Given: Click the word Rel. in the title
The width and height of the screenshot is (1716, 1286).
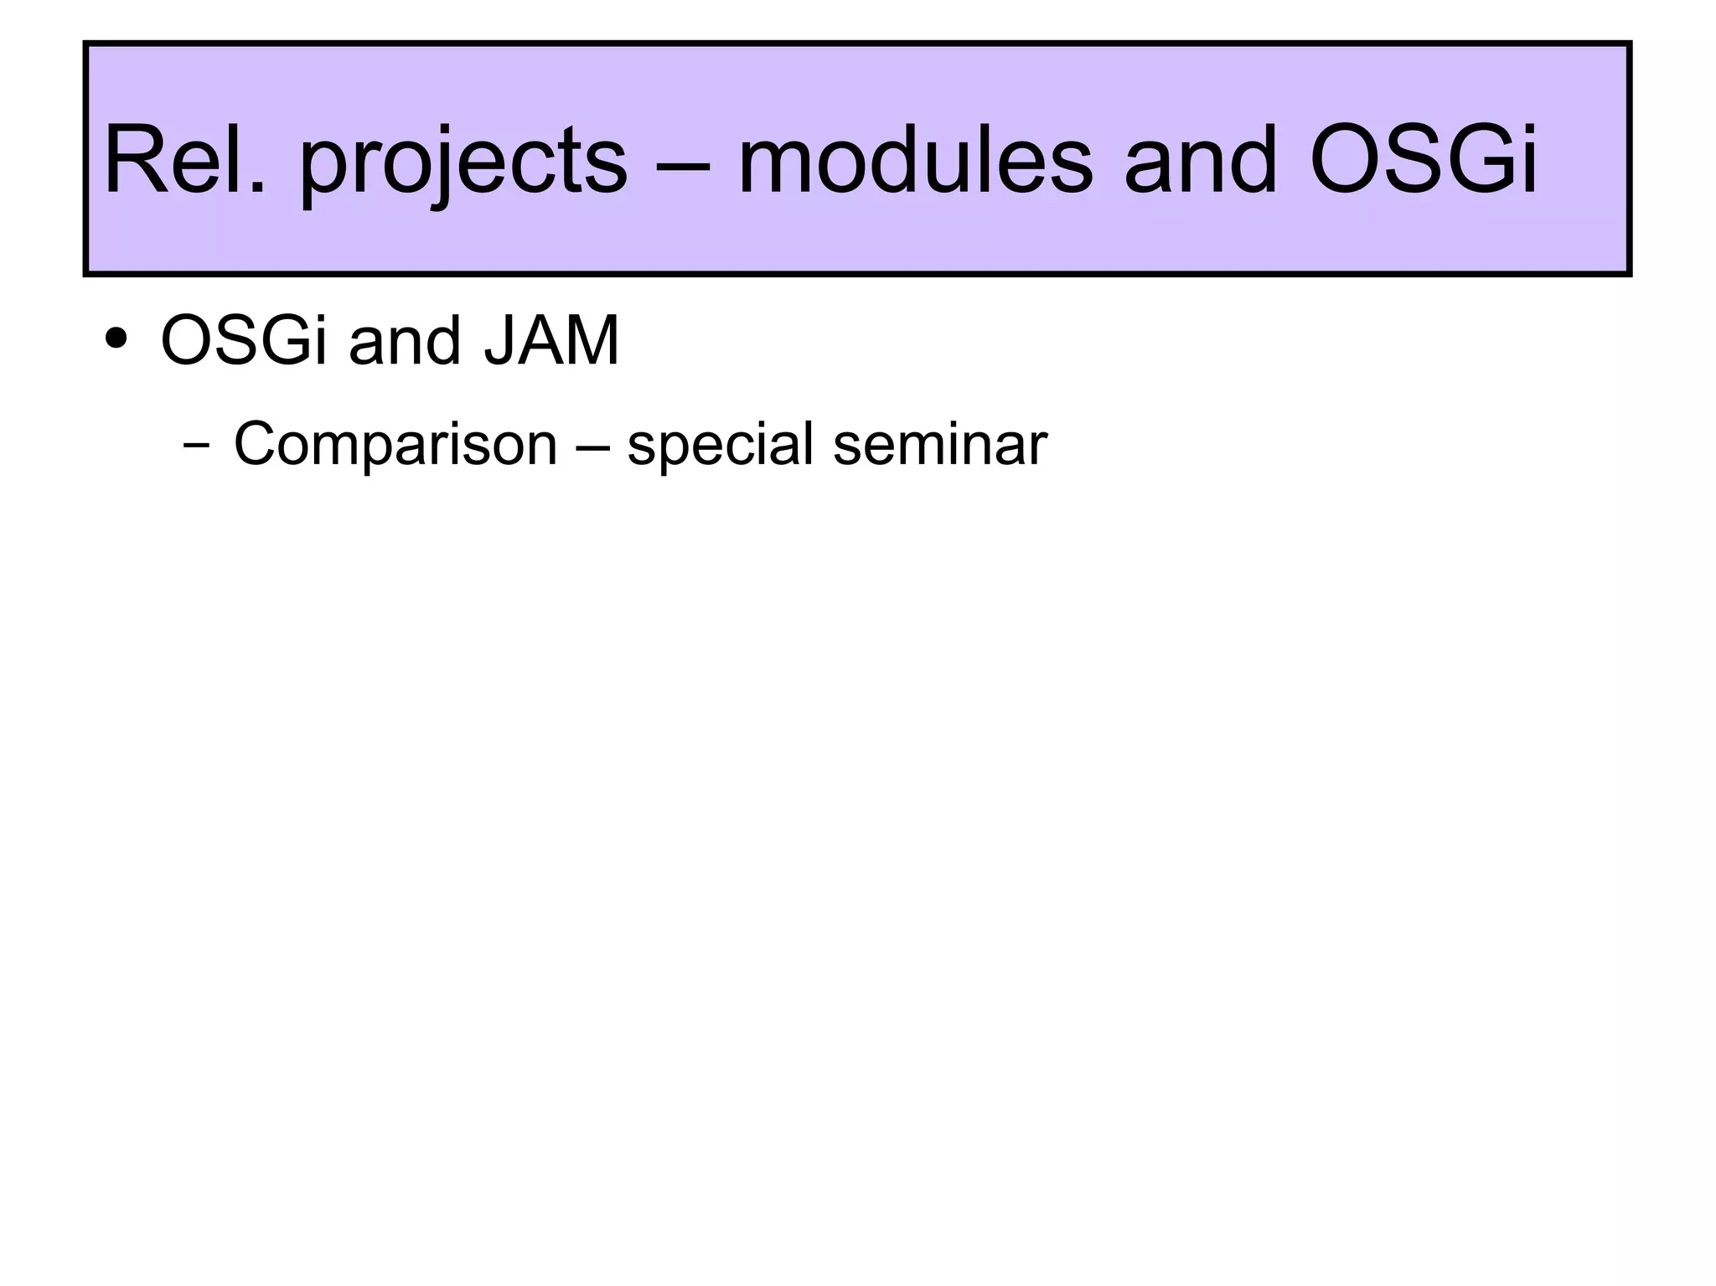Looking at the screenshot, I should pos(184,159).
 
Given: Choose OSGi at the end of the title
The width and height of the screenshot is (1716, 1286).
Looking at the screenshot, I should pos(1424,159).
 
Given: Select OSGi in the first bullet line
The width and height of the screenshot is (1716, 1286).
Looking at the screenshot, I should pos(244,341).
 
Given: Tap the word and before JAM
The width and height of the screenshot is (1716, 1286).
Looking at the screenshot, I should pos(405,341).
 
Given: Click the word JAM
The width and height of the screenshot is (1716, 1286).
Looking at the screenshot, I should pos(551,341).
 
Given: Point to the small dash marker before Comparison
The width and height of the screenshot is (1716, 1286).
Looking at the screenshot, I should pos(196,446).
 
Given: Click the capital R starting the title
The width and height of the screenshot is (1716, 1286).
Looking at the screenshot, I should pos(133,159).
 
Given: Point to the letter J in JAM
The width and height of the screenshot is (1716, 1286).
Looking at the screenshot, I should pos(499,341).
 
